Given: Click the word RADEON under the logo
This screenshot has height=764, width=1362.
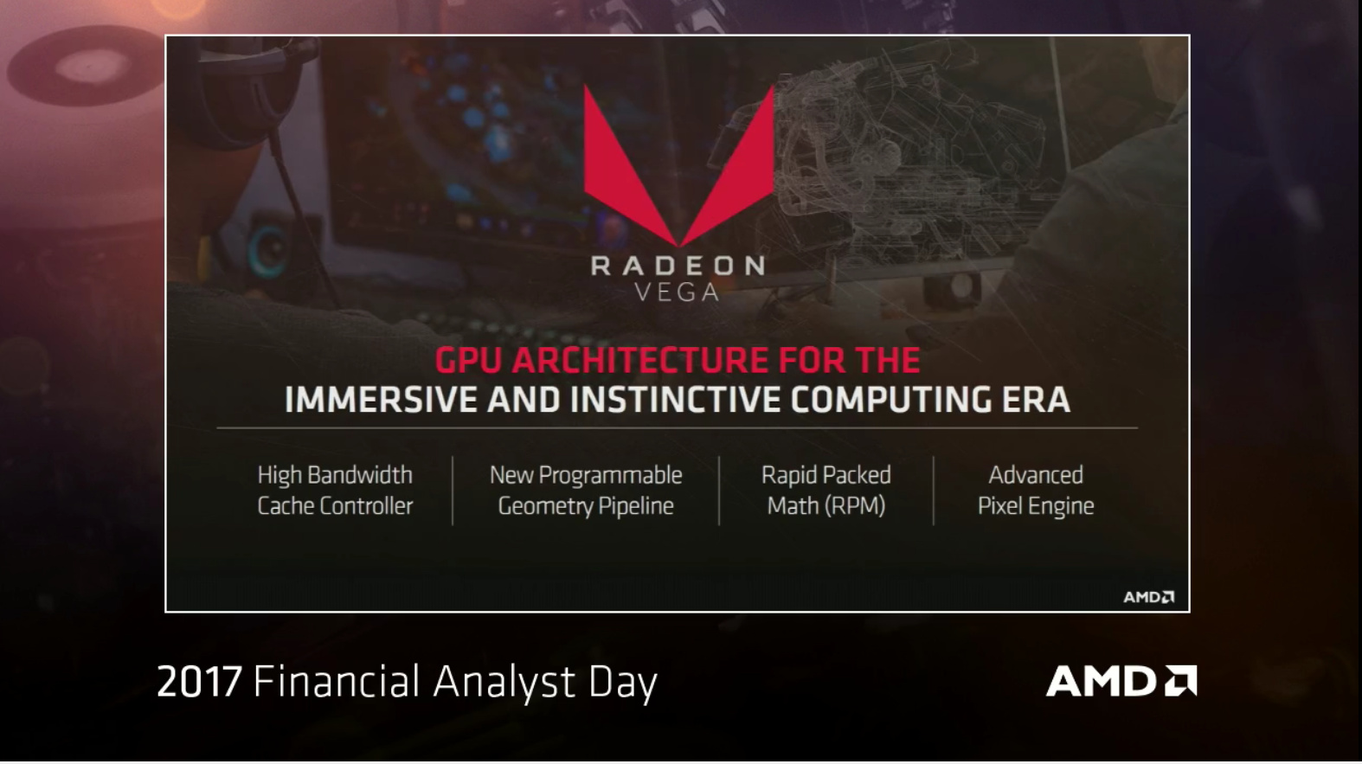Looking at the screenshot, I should pos(678,266).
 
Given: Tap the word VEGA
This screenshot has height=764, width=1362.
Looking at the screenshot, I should pos(677,292).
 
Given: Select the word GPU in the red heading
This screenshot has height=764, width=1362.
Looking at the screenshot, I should pos(468,360).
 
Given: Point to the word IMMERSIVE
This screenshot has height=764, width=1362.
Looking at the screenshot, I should pos(381,400).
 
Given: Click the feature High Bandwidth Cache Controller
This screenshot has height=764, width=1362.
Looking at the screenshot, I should pos(335,490).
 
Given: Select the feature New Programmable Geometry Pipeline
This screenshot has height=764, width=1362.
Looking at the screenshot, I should pos(586,490).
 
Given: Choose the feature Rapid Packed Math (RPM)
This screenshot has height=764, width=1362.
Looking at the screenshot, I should pos(826,490).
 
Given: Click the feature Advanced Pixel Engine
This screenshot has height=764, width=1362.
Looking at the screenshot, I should pos(1036,490).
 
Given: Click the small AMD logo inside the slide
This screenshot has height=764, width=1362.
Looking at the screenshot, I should pos(1148,597).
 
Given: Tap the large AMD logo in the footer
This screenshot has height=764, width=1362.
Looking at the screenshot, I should pos(1121,681).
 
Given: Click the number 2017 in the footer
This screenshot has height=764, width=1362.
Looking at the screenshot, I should pos(198,682).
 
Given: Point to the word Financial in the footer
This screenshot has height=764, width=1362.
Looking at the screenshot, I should pos(337,682).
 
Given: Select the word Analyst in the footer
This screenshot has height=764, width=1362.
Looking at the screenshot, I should pos(504,682).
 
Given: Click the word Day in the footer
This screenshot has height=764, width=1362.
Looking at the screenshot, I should pos(623,682).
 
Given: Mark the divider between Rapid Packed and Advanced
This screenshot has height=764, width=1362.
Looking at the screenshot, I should pos(934,490).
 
